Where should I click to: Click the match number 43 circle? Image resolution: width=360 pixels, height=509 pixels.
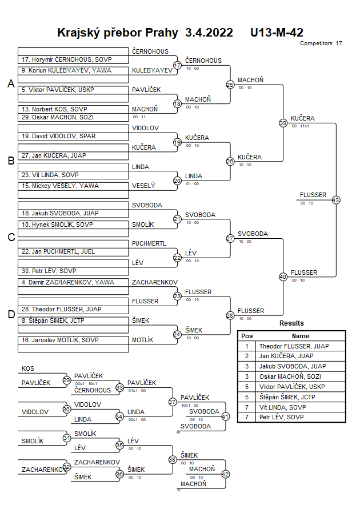tap(336, 200)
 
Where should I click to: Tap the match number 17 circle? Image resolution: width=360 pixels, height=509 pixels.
tap(177, 65)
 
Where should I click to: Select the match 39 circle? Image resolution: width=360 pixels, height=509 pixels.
tap(283, 123)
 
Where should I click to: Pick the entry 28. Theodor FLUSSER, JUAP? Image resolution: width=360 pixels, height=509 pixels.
tap(66, 309)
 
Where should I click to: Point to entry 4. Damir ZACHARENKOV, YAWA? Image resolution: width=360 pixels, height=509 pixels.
tap(68, 282)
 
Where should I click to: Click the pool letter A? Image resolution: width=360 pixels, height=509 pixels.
tap(10, 84)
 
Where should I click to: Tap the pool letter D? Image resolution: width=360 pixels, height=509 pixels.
tap(10, 314)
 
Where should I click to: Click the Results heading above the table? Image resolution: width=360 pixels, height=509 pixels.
tap(291, 323)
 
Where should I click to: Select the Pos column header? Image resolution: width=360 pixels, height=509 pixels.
tap(247, 336)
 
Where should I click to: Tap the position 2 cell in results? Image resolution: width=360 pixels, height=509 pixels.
tap(247, 356)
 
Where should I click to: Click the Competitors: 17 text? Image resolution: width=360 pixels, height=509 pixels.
tap(321, 43)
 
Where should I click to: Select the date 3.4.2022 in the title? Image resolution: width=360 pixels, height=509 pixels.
tap(209, 33)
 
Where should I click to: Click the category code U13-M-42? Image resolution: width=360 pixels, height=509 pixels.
tap(277, 33)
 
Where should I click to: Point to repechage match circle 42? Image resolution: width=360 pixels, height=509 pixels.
tap(225, 474)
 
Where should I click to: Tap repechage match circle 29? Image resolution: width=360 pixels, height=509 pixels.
tap(67, 380)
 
